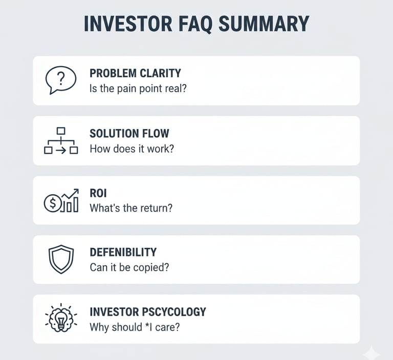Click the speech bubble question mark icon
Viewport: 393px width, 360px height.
click(60, 80)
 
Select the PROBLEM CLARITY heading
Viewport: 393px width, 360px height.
click(135, 73)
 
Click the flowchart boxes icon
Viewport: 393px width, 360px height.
click(61, 141)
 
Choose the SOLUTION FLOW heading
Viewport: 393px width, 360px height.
click(129, 134)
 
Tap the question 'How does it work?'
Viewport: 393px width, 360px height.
click(132, 149)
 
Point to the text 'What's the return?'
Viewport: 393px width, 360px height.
click(130, 208)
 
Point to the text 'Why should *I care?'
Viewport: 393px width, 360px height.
click(134, 327)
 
